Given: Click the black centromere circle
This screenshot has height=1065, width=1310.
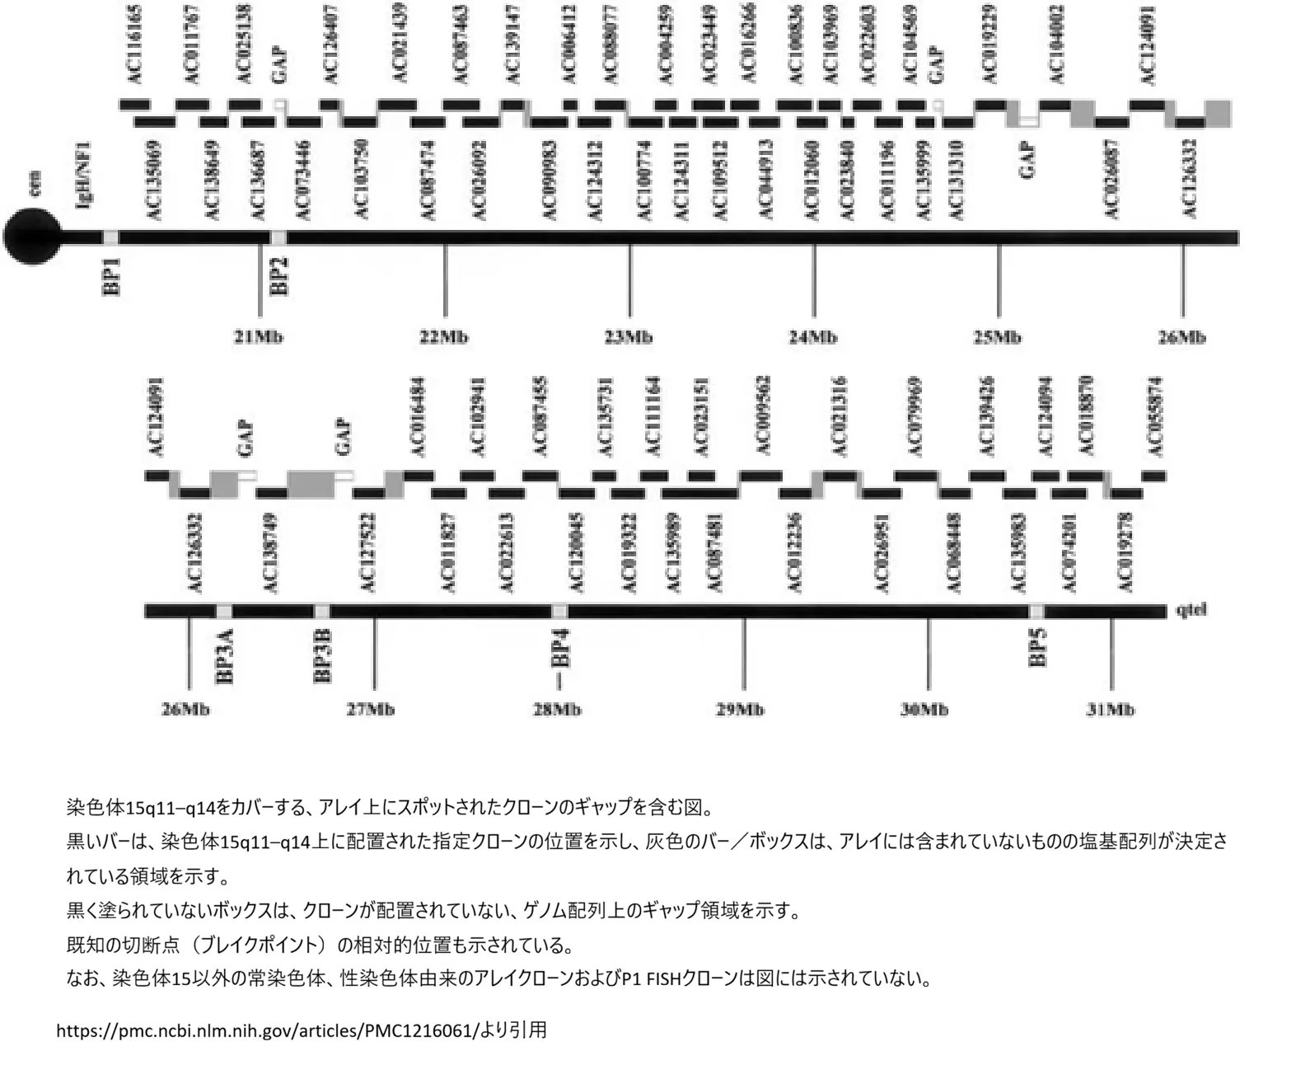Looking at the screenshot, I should [32, 237].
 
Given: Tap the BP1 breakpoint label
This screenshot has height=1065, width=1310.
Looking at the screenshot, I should [112, 276].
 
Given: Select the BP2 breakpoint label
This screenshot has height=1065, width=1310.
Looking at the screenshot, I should [279, 276].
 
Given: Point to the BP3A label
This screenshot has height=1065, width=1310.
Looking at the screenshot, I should [225, 655].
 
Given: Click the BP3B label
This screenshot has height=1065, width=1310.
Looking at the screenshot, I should [323, 655].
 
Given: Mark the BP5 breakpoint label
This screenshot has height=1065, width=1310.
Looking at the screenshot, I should [1038, 647].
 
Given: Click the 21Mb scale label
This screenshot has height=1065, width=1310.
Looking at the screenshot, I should [259, 337].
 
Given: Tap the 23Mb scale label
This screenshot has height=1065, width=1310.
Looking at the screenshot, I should [629, 337].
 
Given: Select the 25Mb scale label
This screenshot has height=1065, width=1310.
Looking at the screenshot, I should [998, 337].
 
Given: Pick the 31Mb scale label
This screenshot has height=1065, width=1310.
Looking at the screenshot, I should [1111, 710].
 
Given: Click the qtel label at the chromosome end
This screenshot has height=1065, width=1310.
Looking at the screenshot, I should [1192, 611].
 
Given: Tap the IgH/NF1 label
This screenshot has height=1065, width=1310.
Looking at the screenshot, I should [84, 175].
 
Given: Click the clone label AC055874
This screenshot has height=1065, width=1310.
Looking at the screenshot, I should [1155, 416].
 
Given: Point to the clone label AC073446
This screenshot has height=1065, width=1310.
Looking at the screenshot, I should [302, 181].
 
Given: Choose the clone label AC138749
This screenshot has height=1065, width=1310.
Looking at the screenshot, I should [269, 553].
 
